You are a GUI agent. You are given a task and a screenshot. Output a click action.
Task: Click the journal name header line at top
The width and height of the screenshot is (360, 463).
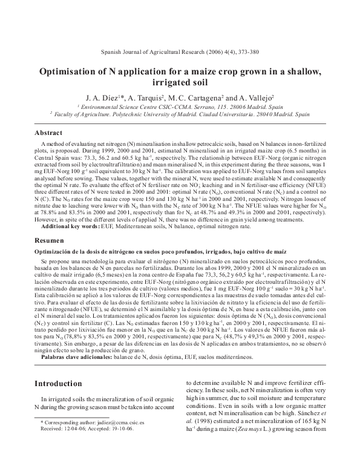(x=179, y=53)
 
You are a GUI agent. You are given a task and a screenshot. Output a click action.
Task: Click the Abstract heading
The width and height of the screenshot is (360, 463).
(x=48, y=132)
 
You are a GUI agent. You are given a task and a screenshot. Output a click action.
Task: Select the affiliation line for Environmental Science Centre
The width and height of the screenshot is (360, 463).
(x=180, y=105)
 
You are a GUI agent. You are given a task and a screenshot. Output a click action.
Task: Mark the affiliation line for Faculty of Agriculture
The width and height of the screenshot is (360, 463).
(x=180, y=113)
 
